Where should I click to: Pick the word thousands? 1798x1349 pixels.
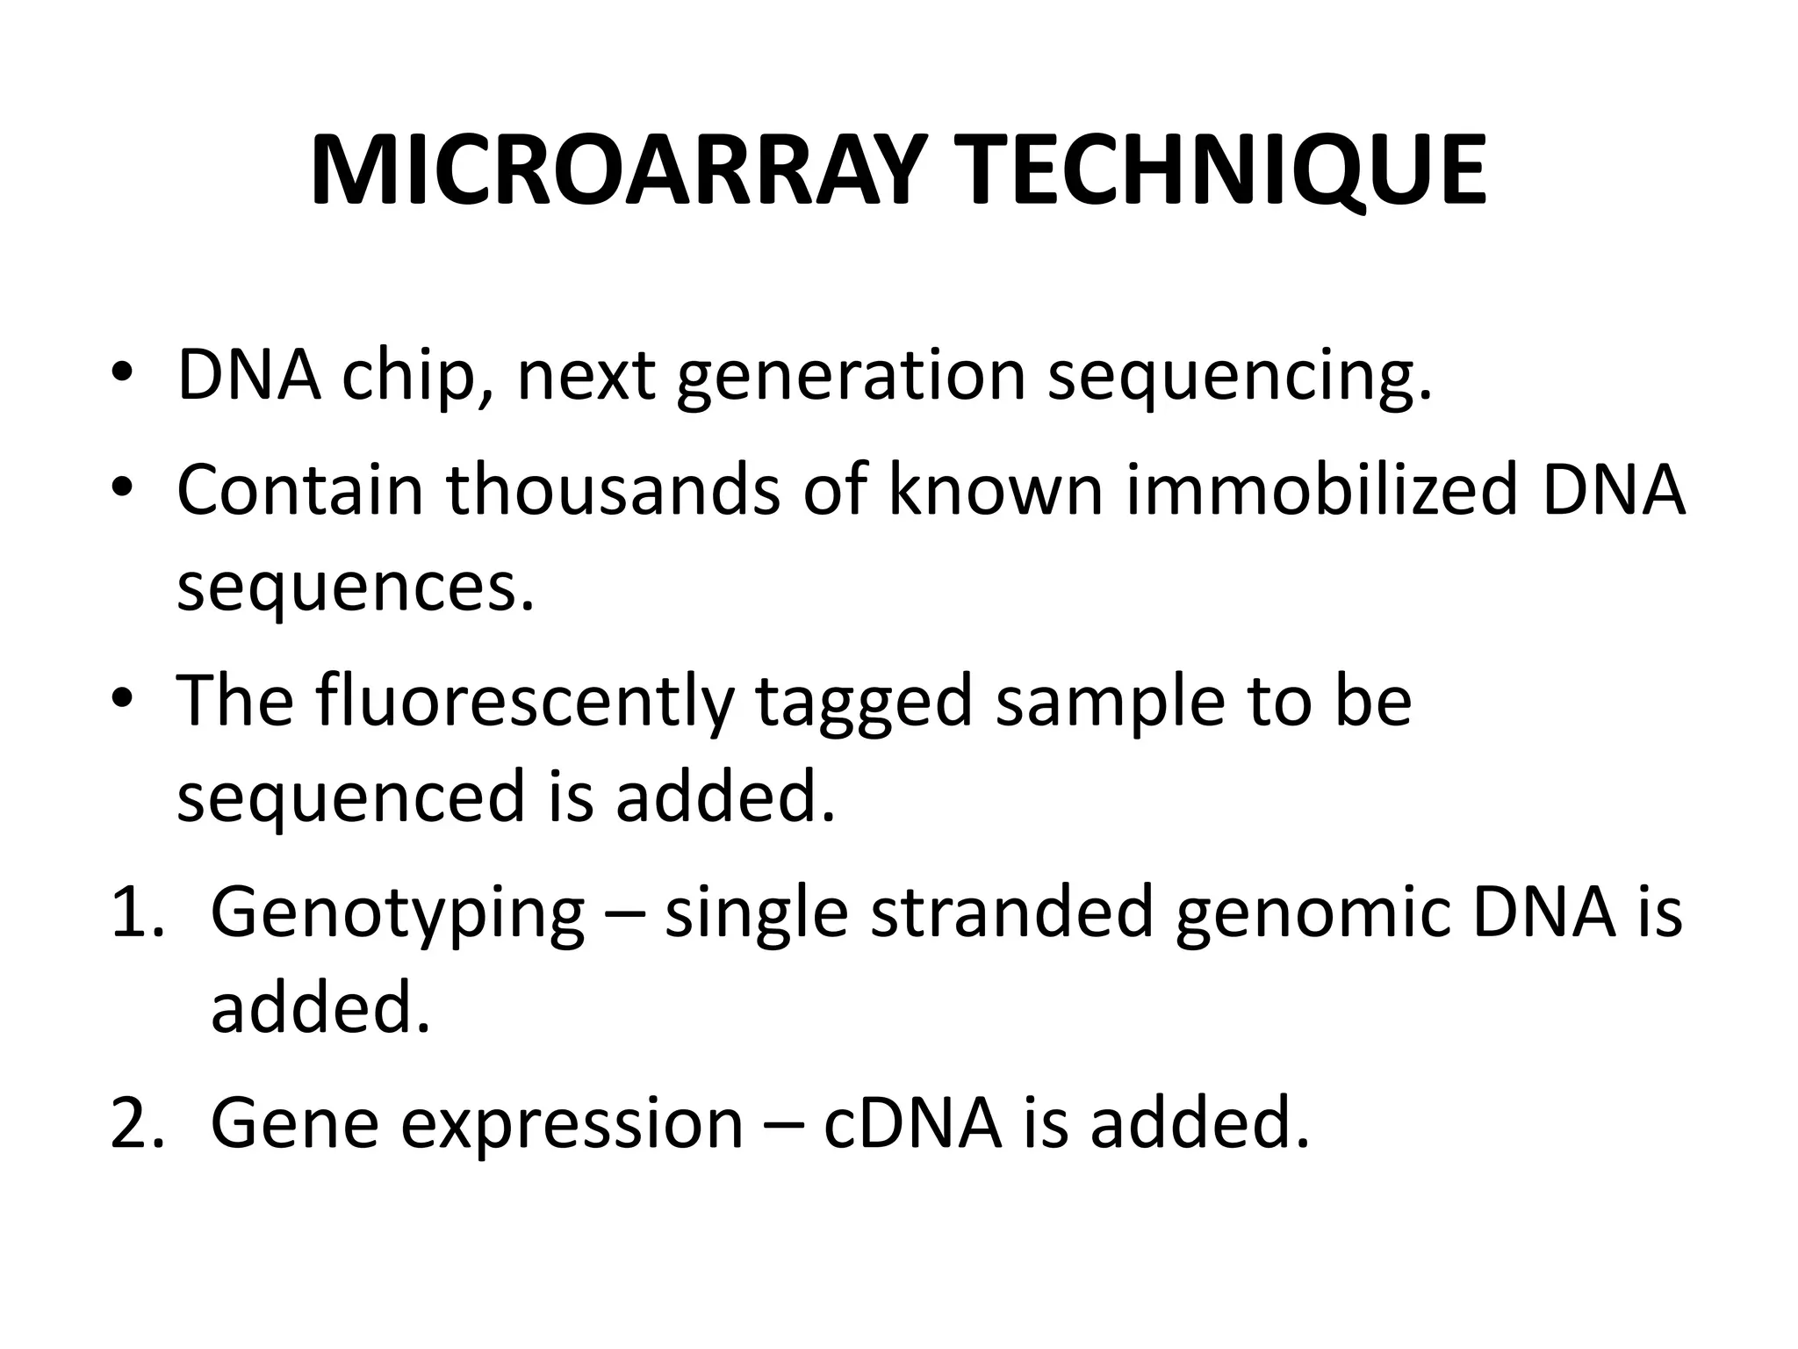pos(613,488)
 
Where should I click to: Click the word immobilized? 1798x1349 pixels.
pos(1321,488)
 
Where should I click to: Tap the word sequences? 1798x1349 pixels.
pos(356,588)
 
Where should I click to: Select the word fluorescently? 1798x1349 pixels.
pos(523,701)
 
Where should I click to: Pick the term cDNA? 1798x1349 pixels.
pos(913,1122)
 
